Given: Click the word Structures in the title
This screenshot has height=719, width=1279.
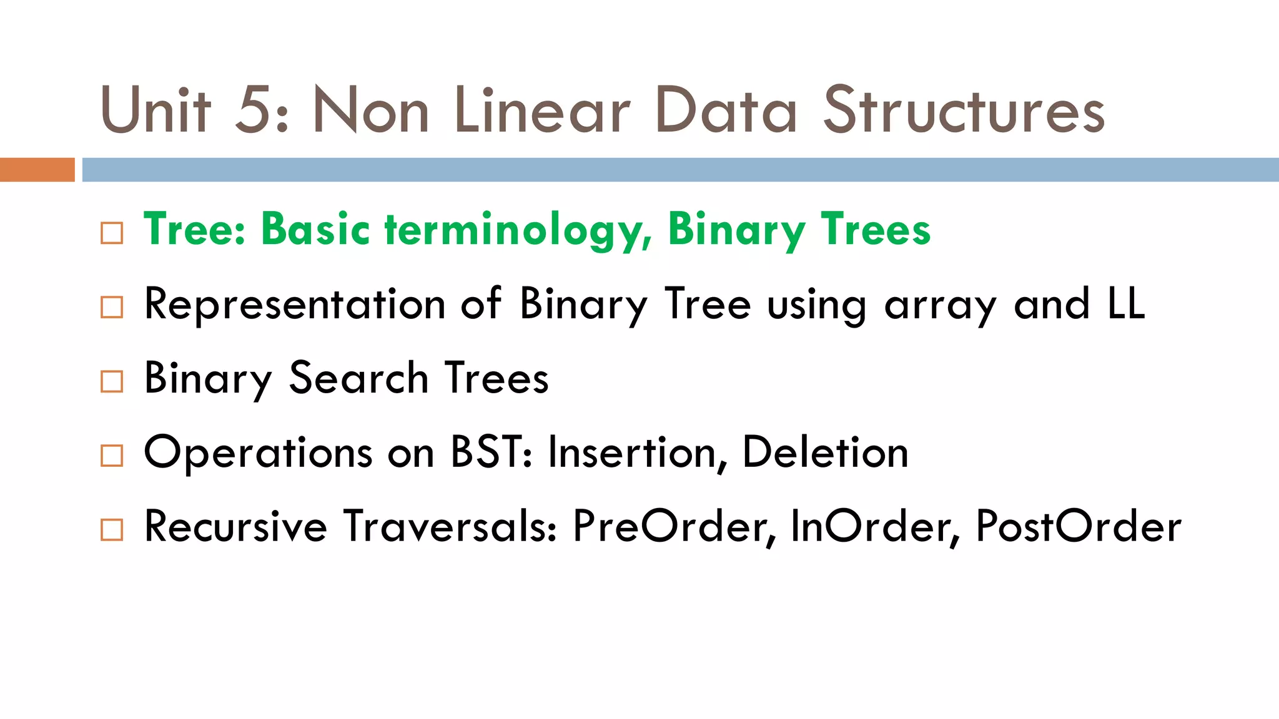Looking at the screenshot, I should point(964,111).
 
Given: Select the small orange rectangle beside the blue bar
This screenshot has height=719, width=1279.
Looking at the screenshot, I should point(37,170).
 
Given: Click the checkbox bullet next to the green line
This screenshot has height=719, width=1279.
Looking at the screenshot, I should point(112,233).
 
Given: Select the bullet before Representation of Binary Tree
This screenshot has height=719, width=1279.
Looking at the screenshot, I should point(112,307).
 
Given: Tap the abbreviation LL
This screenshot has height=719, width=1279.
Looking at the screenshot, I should point(1126,303).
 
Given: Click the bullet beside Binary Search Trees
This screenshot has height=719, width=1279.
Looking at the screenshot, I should point(112,381).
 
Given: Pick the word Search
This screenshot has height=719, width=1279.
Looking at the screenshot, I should point(358,378).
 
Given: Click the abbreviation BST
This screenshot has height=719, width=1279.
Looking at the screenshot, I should point(487,452).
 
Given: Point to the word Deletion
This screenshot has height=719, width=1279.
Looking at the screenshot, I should point(825,452).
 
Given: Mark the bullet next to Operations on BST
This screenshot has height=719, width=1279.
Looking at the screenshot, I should point(112,456).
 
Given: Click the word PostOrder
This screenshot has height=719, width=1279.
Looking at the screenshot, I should point(1079,526).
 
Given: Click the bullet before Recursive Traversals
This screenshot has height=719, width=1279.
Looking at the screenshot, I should point(112,530).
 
